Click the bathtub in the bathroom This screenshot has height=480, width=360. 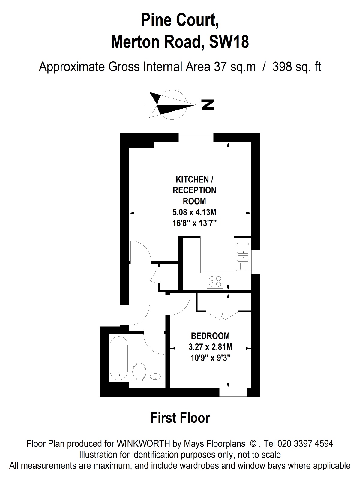[x=119, y=358]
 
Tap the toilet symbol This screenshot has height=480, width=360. [x=139, y=372]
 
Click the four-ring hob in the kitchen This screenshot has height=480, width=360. [x=215, y=281]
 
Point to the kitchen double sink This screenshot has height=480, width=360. [x=243, y=257]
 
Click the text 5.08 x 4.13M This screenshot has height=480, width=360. [x=194, y=212]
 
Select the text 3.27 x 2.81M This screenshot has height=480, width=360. [x=210, y=347]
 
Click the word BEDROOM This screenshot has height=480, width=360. [x=210, y=336]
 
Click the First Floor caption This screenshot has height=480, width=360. [x=180, y=418]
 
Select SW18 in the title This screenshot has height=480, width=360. [x=229, y=42]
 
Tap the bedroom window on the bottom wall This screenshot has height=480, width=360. [x=233, y=392]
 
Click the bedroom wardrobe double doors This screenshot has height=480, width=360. [x=222, y=315]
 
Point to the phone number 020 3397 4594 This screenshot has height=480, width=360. [x=305, y=444]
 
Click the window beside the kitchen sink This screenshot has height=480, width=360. [x=256, y=262]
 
